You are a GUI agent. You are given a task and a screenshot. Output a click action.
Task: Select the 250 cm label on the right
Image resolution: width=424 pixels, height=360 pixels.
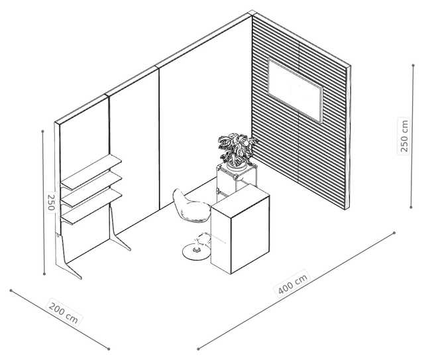coord(403,136)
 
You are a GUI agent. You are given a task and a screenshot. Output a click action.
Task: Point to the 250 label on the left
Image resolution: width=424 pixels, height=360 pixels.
coord(51,202)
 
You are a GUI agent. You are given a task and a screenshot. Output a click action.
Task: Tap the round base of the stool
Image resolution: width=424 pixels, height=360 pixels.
coord(196,251)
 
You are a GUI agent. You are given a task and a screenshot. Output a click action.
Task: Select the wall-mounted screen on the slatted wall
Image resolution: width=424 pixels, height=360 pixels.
coord(295,90)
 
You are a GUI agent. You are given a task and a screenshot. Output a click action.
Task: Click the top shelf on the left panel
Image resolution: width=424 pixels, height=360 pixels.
coord(91,172)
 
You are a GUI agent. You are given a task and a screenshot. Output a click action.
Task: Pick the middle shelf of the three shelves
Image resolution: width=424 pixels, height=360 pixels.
coord(91,189)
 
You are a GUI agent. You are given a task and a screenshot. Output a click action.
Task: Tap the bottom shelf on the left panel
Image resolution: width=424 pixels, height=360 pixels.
coord(91,206)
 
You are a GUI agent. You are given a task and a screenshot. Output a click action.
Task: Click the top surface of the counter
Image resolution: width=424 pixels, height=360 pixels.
coord(240,200)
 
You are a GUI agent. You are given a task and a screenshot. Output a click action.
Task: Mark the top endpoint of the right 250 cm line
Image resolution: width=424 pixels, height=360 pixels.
coord(413,66)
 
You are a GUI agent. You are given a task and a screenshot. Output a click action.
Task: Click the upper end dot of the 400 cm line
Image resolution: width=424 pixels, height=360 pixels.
coord(394,233)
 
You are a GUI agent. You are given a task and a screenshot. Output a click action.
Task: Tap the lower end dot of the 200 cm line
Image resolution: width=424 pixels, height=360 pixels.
coord(109,349)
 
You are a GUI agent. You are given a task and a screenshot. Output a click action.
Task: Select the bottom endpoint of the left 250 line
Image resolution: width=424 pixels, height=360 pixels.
coord(44,274)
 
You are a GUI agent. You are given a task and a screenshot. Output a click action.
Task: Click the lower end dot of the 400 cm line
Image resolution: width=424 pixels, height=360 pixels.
coord(198,349)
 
